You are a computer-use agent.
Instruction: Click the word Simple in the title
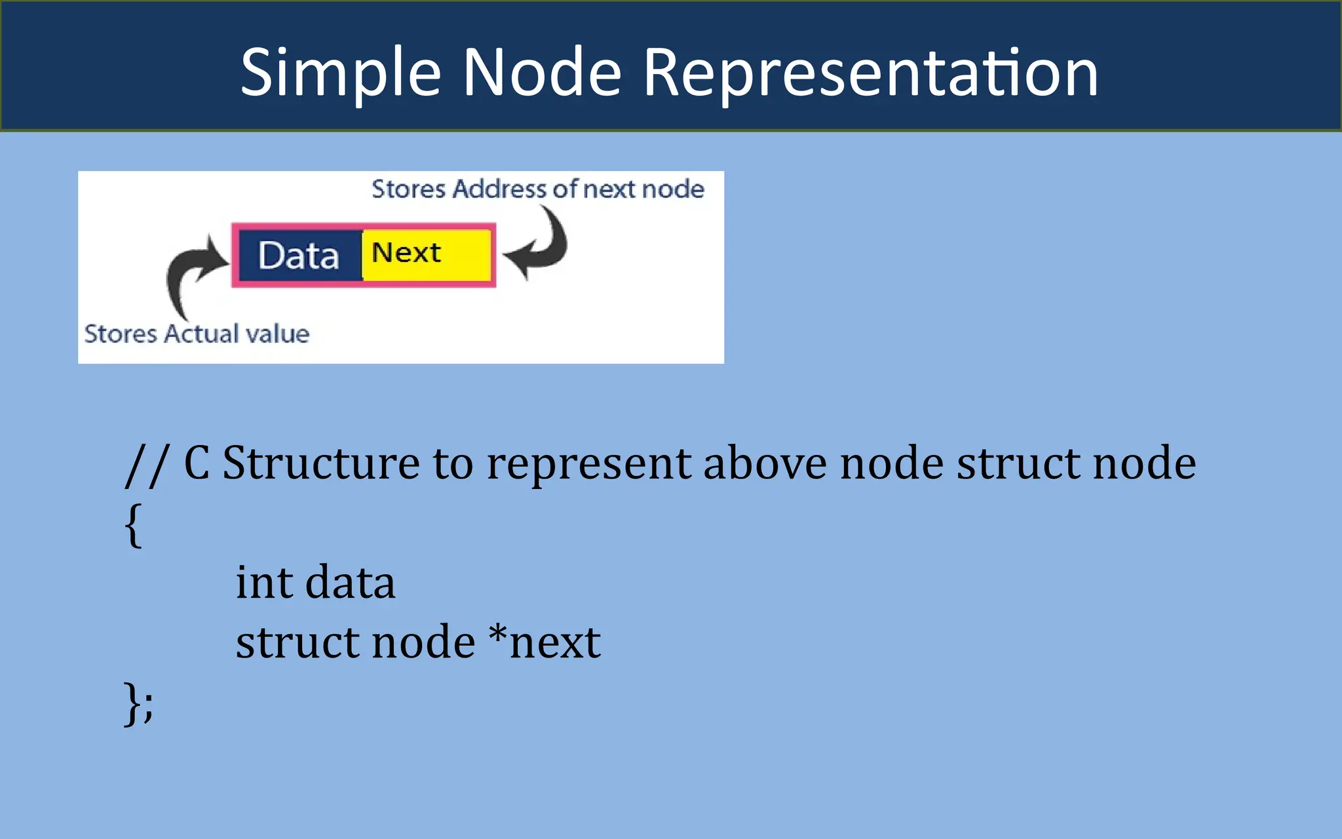341,73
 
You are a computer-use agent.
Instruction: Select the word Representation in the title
870,73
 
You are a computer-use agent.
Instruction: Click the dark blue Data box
299,256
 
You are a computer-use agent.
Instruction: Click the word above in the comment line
765,463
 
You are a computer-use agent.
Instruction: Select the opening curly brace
133,524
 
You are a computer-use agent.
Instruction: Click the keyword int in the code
263,582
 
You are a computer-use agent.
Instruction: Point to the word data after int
350,582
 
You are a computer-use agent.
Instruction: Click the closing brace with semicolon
138,703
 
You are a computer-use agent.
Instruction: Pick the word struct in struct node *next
297,642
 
